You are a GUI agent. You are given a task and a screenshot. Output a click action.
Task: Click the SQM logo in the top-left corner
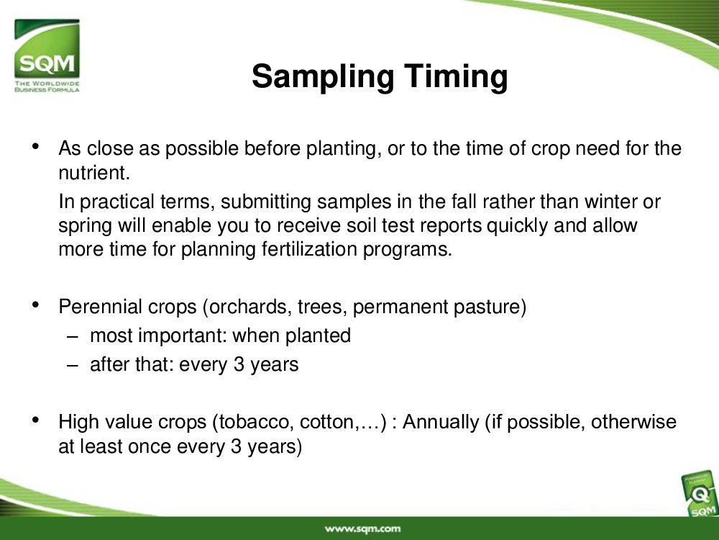[x=47, y=55]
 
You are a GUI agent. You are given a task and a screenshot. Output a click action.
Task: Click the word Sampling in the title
[x=323, y=77]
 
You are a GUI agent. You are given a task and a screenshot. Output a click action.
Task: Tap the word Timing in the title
[x=456, y=77]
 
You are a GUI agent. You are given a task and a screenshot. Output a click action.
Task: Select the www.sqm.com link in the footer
[x=362, y=529]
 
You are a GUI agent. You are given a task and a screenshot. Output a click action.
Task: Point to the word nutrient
[x=94, y=173]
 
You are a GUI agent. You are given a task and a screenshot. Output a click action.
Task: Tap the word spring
[x=86, y=226]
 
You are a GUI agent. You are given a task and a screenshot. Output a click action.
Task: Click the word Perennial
[x=93, y=307]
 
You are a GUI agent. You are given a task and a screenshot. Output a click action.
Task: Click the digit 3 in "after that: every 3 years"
[x=239, y=364]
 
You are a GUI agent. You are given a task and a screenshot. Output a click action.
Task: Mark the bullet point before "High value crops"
[x=36, y=419]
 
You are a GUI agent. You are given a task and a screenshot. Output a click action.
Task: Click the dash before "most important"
[x=72, y=336]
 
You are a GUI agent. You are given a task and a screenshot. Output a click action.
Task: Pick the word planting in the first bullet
[x=341, y=149]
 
